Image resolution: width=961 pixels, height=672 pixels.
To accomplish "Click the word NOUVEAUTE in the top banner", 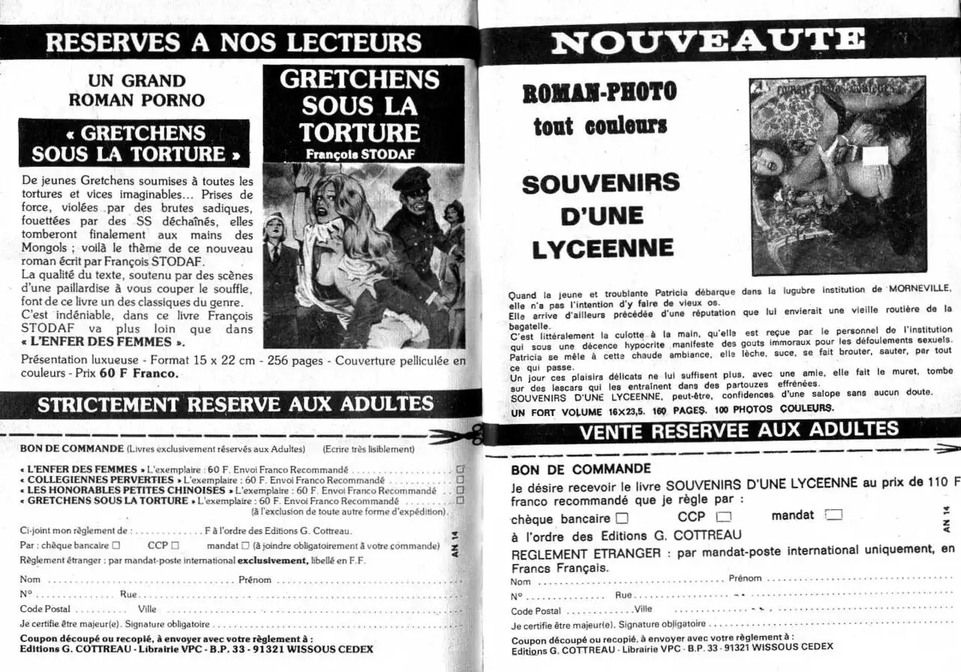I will (708, 41).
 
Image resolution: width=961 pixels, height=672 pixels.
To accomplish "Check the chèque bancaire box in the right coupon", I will (622, 518).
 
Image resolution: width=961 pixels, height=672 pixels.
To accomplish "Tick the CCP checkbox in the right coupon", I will (724, 517).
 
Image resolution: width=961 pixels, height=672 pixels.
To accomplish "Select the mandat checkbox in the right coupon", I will (833, 515).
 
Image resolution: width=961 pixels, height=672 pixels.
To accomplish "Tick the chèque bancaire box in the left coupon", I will (116, 546).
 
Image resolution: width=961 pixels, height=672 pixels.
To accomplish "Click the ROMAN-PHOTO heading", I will (599, 92).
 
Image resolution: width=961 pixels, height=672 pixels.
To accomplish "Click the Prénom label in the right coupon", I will (745, 579).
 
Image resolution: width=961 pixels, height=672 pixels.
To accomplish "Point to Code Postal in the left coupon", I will (46, 609).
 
